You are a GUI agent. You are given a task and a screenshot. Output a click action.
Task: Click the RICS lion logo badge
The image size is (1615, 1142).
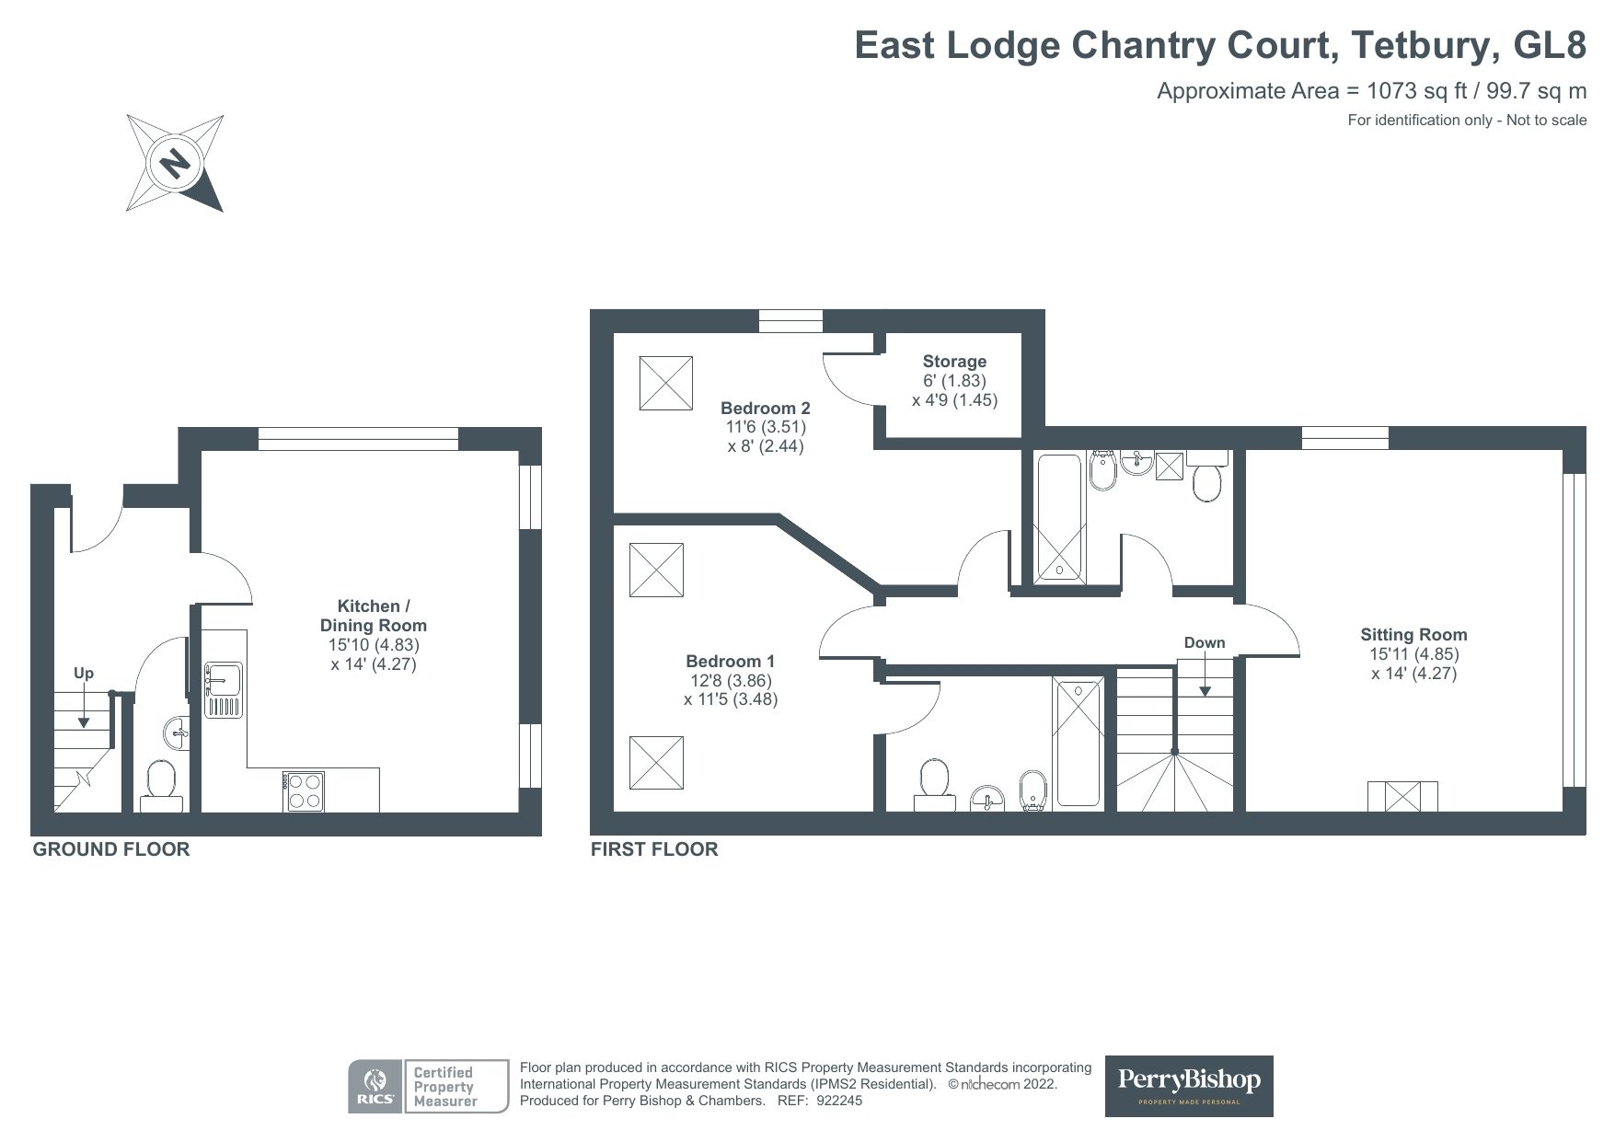click(x=375, y=1086)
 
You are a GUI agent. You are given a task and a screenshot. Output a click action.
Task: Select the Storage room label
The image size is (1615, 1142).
click(x=954, y=362)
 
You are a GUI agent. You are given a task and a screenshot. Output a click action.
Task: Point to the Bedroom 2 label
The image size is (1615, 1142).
click(x=765, y=408)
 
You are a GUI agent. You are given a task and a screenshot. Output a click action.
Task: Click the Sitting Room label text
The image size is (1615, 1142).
click(x=1413, y=634)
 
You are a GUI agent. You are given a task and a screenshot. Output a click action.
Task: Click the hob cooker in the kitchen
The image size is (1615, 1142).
click(x=305, y=790)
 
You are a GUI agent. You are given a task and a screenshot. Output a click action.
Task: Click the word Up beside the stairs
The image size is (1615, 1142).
click(x=84, y=673)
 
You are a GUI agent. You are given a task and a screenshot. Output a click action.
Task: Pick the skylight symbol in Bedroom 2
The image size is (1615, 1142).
click(x=665, y=383)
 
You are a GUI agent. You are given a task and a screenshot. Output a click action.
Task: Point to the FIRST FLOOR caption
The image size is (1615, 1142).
click(x=653, y=848)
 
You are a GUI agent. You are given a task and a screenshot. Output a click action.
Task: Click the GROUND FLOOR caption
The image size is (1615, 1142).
click(x=110, y=849)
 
